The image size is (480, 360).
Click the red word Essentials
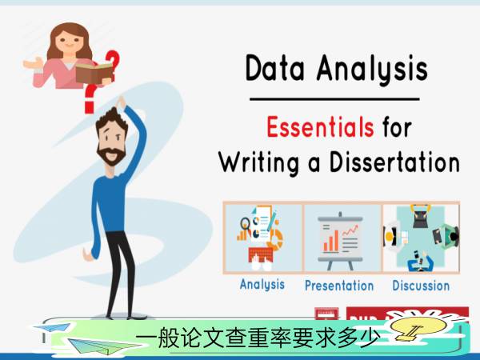(x=320, y=127)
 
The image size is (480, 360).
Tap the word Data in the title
(x=275, y=68)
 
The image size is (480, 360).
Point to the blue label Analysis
(x=262, y=284)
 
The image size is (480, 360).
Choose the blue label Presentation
(x=339, y=286)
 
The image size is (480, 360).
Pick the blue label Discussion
(x=421, y=286)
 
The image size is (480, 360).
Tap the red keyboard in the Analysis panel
(x=261, y=254)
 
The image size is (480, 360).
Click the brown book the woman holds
(x=94, y=73)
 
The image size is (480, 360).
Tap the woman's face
(x=69, y=42)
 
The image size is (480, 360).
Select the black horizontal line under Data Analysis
(x=334, y=99)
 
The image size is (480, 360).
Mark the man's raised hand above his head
(x=122, y=102)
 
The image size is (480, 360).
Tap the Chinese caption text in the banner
(x=258, y=338)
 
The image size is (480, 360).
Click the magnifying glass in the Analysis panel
(x=245, y=223)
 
